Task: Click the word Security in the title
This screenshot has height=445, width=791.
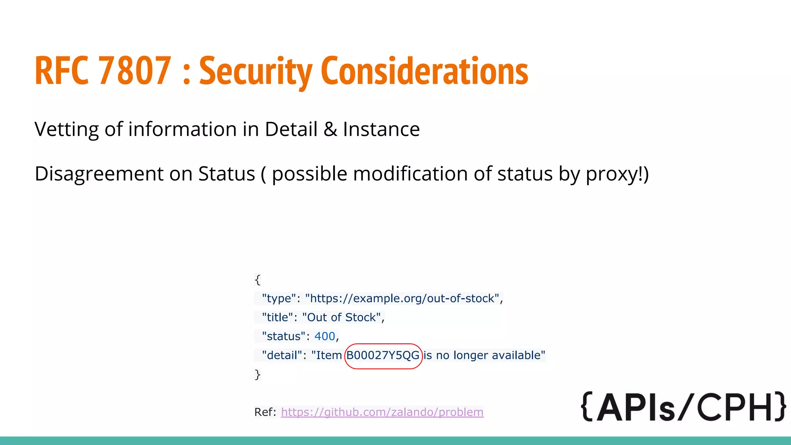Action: point(255,71)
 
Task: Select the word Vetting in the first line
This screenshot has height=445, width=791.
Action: point(66,129)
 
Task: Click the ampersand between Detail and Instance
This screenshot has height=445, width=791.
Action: point(330,129)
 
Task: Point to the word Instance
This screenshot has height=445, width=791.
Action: point(381,129)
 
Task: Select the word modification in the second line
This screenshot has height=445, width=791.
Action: point(410,174)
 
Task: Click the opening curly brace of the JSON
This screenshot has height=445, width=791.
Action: point(258,279)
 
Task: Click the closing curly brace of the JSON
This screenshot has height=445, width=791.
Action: point(258,374)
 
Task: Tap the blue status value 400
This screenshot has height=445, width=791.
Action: point(324,336)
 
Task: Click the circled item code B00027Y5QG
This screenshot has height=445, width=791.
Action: point(383,355)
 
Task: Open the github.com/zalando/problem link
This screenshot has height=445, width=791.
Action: point(382,412)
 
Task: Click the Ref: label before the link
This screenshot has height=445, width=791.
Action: point(265,412)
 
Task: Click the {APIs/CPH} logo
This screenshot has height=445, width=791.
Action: point(683,407)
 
